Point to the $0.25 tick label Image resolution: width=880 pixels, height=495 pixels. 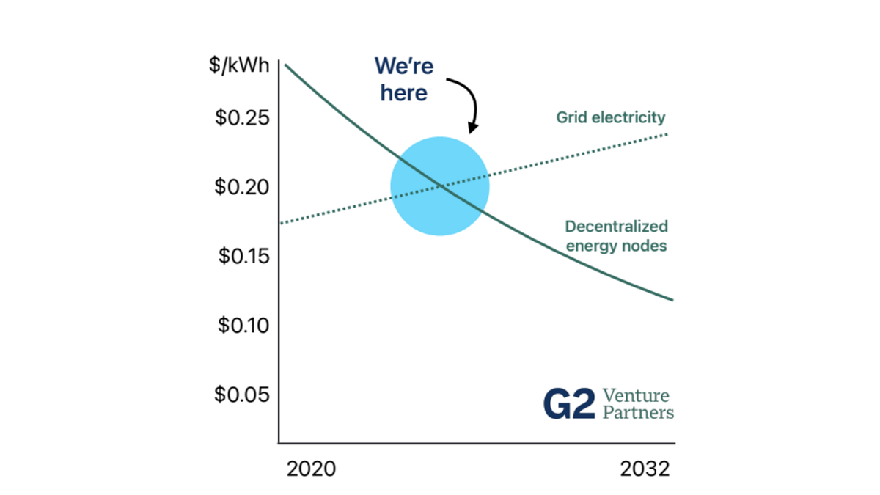pyautogui.click(x=242, y=118)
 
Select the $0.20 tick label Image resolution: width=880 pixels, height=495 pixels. pyautogui.click(x=242, y=187)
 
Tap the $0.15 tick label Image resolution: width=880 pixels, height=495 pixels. pyautogui.click(x=242, y=256)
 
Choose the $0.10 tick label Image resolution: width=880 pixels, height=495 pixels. pyautogui.click(x=242, y=325)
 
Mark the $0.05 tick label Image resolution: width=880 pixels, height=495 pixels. pyautogui.click(x=242, y=394)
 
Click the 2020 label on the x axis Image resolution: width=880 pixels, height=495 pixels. pyautogui.click(x=311, y=469)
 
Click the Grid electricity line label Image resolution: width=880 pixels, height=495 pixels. pyautogui.click(x=610, y=117)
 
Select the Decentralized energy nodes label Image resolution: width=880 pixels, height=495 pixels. pyautogui.click(x=616, y=236)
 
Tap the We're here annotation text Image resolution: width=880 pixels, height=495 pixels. pyautogui.click(x=404, y=79)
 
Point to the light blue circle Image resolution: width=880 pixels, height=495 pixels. pyautogui.click(x=440, y=186)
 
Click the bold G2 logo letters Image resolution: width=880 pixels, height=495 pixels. pyautogui.click(x=569, y=403)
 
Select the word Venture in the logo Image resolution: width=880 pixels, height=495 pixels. pyautogui.click(x=635, y=396)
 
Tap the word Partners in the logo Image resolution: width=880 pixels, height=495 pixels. pyautogui.click(x=637, y=412)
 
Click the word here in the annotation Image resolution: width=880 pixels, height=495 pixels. pyautogui.click(x=403, y=93)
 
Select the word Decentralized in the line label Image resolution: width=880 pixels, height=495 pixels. pyautogui.click(x=617, y=227)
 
